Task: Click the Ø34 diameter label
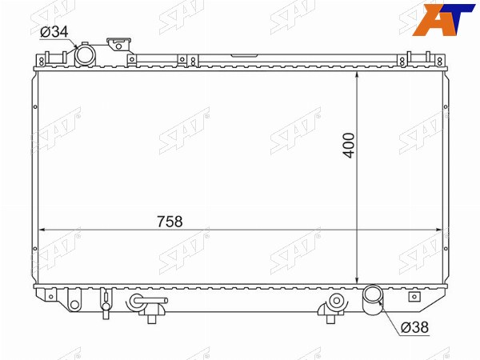tap(54, 32)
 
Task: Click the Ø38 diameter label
tap(414, 327)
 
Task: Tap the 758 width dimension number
tap(170, 222)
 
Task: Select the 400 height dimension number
tap(349, 145)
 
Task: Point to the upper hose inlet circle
tap(86, 55)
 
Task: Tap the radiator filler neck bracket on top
tap(119, 45)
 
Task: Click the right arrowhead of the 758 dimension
tap(438, 230)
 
